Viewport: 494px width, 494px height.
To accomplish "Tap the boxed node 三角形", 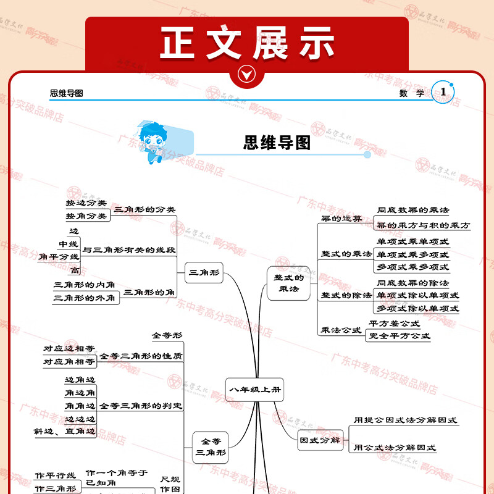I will (204, 272).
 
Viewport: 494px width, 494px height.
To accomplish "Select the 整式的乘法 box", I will (289, 283).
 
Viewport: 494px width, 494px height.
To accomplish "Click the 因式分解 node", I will (320, 440).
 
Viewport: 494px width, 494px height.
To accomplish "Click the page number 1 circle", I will (443, 92).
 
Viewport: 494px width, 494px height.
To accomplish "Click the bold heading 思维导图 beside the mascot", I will (277, 143).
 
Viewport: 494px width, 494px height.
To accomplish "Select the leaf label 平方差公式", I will (394, 323).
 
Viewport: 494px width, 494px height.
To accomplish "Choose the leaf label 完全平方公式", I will (399, 336).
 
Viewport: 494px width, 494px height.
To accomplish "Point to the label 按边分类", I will (86, 203).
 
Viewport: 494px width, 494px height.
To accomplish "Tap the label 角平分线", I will (59, 256).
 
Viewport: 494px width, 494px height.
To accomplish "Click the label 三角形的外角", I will (85, 298).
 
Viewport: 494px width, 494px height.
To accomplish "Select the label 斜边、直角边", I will (65, 432).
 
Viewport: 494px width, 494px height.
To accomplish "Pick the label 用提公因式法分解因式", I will (405, 420).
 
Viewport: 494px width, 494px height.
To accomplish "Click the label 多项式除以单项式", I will (418, 308).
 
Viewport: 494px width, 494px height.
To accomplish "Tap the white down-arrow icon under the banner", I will (247, 75).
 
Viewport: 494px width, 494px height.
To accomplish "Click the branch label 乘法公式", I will (341, 330).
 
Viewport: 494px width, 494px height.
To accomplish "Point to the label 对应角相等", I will (69, 362).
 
